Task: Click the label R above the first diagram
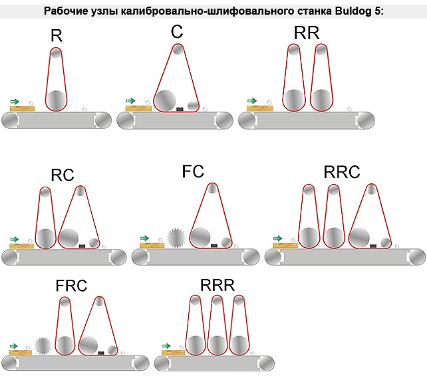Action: (x=57, y=36)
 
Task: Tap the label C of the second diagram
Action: (x=177, y=32)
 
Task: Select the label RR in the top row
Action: (x=306, y=34)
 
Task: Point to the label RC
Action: (x=63, y=175)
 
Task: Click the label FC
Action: (x=193, y=171)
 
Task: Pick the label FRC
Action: (x=72, y=286)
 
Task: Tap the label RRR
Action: (x=217, y=286)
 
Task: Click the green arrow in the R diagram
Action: (x=15, y=101)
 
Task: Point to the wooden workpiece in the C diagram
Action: (x=138, y=108)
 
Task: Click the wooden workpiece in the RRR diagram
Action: (x=172, y=352)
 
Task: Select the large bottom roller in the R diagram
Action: (x=57, y=100)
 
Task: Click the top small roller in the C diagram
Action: (x=177, y=50)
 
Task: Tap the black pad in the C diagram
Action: (x=179, y=108)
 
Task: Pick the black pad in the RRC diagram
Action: (x=373, y=245)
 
